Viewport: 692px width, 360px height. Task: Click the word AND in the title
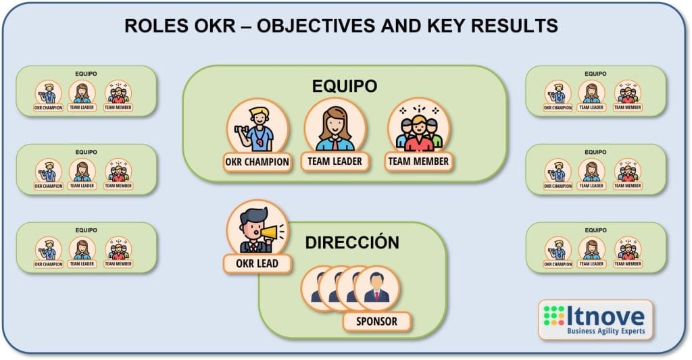click(x=399, y=26)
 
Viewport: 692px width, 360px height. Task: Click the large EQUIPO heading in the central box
click(x=344, y=86)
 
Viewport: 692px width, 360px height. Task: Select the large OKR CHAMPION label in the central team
click(x=257, y=161)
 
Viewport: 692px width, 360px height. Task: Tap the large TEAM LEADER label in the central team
click(x=335, y=161)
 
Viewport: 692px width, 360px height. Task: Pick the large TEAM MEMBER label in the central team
click(x=418, y=161)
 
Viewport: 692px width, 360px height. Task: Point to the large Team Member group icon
click(x=418, y=128)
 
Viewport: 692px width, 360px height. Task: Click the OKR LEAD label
click(x=257, y=263)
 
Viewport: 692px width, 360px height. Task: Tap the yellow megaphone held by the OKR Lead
click(x=271, y=233)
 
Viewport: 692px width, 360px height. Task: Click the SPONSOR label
click(x=376, y=322)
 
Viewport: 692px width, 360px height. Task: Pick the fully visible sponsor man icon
click(x=376, y=289)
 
